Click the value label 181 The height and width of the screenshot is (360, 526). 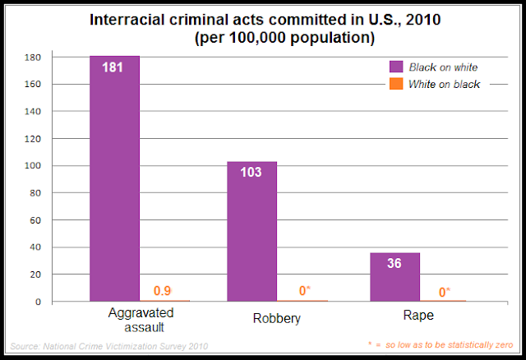(x=113, y=67)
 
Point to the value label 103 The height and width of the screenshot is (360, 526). (x=252, y=173)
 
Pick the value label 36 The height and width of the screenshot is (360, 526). (x=395, y=265)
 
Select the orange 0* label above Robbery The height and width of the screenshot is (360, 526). (x=305, y=290)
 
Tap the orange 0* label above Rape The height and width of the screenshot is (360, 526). (x=445, y=290)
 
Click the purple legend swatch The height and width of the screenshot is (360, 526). (x=396, y=67)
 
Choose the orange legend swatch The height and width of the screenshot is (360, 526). (x=396, y=85)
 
